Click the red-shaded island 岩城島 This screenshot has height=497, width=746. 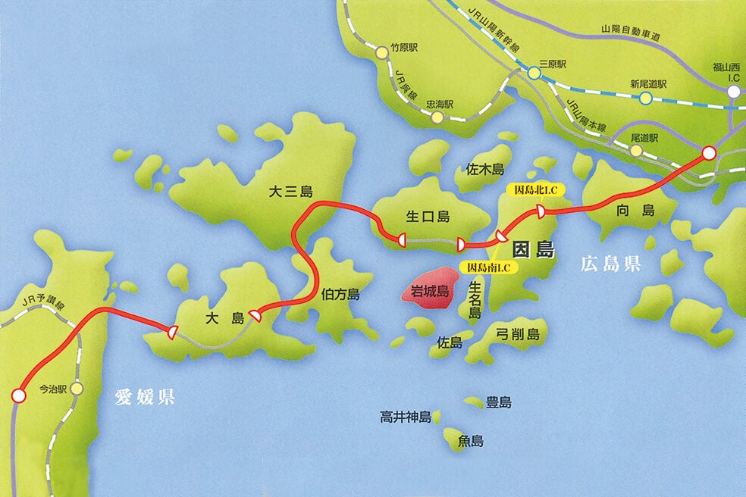(430, 291)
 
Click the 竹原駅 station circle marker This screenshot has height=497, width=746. (382, 52)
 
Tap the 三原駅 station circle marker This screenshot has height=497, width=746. (534, 73)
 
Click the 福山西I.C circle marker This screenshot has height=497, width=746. (733, 92)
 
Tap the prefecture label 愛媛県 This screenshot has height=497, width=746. (145, 396)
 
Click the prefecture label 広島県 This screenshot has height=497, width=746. (611, 264)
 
